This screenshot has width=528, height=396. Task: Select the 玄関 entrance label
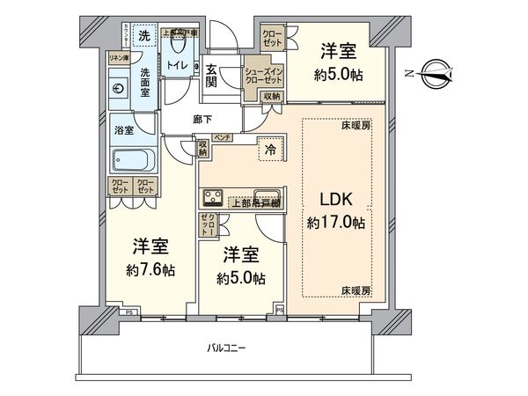pos(212,77)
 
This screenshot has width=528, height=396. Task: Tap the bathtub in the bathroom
pos(131,159)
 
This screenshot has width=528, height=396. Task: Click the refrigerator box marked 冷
pos(270,150)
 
